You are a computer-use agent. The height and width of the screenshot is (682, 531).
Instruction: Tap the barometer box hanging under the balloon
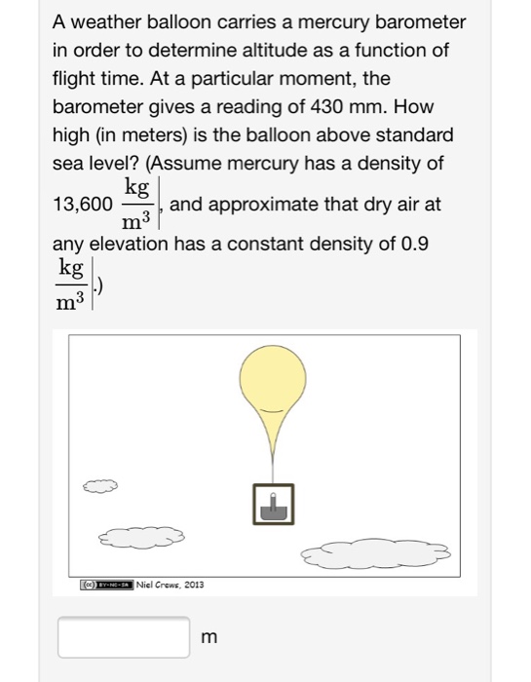point(273,506)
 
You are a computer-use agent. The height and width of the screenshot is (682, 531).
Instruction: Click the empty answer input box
point(124,636)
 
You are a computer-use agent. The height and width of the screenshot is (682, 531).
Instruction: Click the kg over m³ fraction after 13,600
point(135,203)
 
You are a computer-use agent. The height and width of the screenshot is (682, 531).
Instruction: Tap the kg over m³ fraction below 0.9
point(70,282)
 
